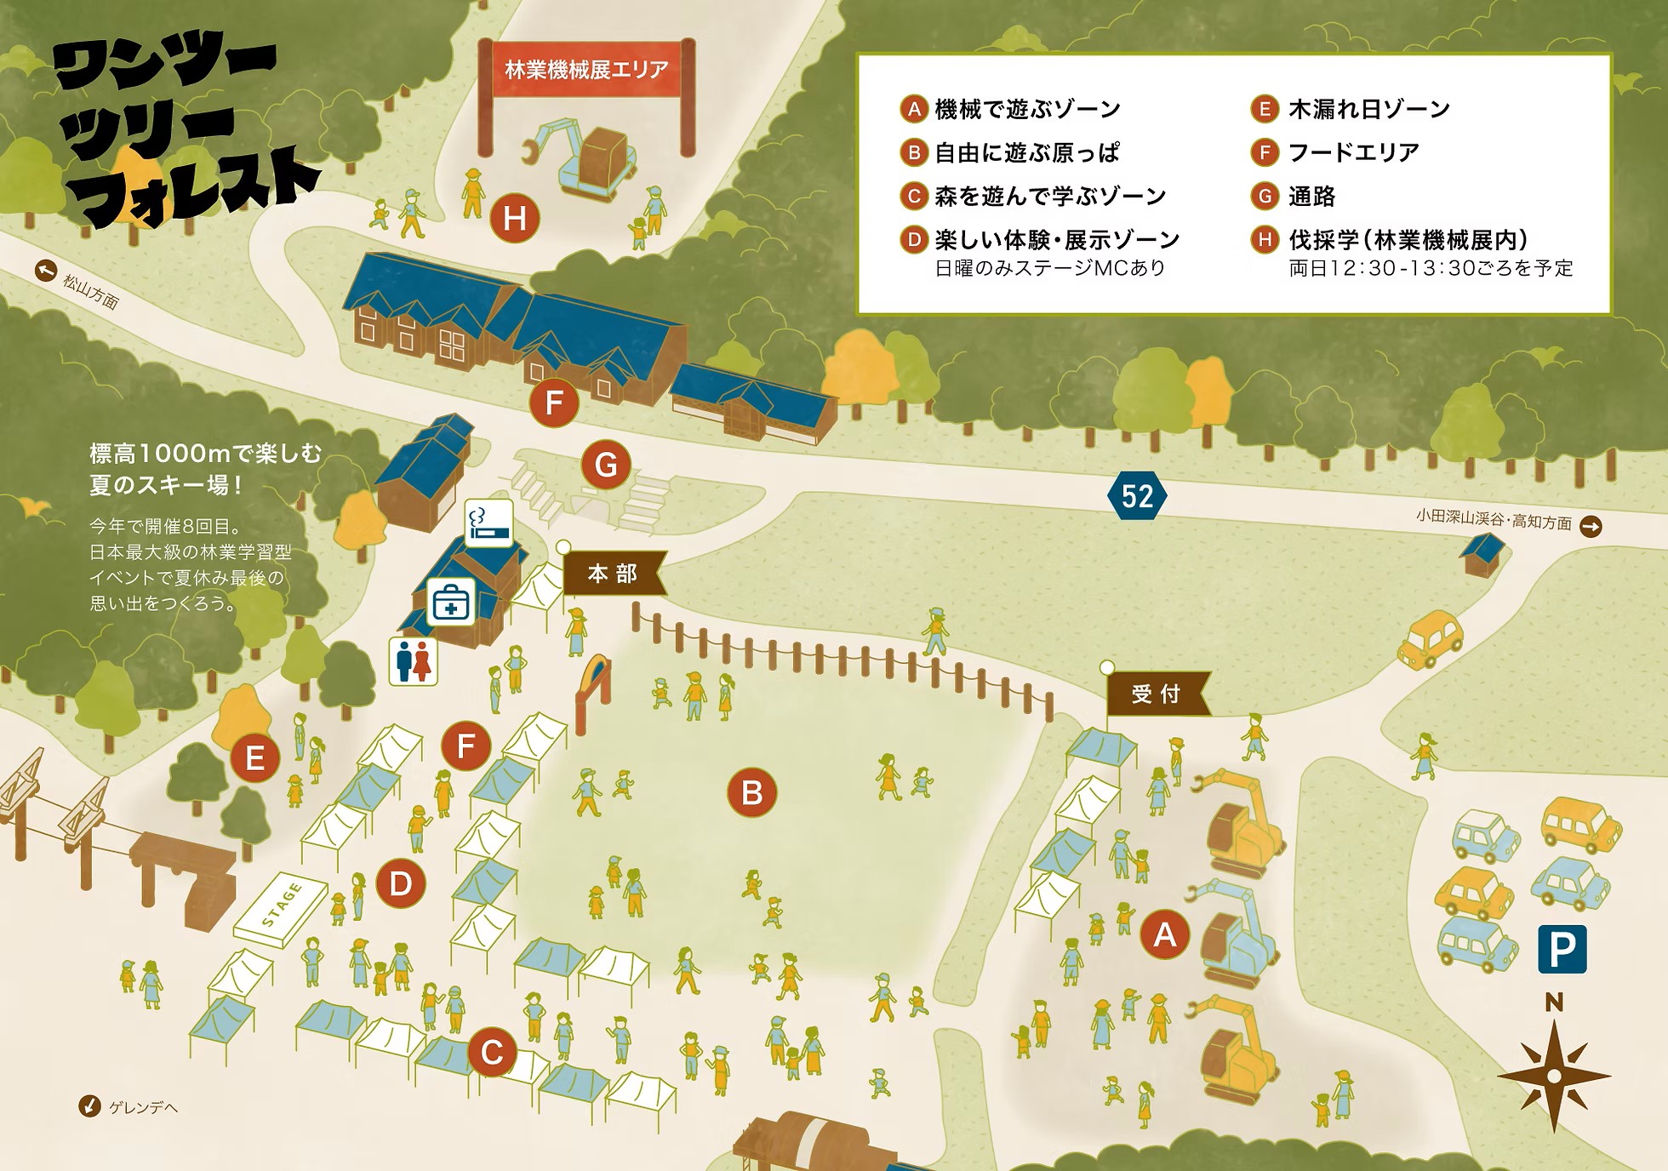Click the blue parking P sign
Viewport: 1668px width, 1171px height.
[x=1562, y=949]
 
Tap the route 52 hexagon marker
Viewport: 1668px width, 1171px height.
[x=1137, y=495]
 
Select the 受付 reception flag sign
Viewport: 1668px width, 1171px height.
[x=1157, y=694]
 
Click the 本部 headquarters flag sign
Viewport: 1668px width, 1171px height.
[x=614, y=574]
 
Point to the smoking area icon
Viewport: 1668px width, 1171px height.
[x=489, y=523]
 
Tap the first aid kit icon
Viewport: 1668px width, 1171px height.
[x=450, y=603]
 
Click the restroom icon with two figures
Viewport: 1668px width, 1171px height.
[x=414, y=661]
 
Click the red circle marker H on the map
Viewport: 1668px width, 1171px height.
[x=514, y=219]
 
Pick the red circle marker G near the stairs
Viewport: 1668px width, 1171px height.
[x=606, y=466]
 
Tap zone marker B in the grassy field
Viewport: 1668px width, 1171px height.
[x=751, y=792]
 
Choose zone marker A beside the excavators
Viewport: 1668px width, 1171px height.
[x=1164, y=934]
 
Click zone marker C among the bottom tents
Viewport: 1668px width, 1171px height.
[x=492, y=1053]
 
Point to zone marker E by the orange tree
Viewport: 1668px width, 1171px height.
[x=254, y=758]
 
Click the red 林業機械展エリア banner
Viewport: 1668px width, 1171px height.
[x=586, y=70]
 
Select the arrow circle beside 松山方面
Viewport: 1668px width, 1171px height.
[x=45, y=271]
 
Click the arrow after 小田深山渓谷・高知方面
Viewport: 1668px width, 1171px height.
[x=1591, y=527]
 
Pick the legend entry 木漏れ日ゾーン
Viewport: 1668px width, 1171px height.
[x=1368, y=109]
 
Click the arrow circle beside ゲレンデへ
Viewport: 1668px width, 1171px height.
[x=89, y=1106]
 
